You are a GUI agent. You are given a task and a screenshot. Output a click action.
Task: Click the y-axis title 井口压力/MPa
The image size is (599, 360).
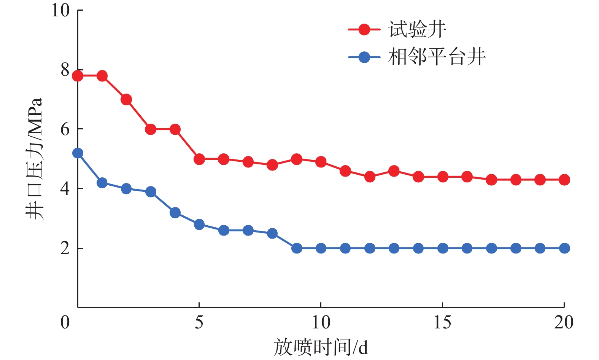[34, 159]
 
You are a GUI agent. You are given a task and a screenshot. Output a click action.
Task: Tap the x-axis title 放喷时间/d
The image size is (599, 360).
[321, 347]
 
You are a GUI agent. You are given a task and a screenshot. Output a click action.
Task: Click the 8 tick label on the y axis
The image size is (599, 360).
[65, 70]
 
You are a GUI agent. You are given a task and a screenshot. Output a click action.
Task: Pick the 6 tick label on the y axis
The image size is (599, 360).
[65, 129]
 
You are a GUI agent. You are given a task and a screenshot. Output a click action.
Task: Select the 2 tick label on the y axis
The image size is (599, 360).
[65, 248]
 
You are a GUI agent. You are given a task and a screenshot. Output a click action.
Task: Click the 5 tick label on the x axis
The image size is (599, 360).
[199, 322]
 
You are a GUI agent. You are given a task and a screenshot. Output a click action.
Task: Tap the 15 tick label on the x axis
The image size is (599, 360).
[442, 322]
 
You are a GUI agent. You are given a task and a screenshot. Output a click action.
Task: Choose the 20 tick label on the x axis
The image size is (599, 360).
[564, 322]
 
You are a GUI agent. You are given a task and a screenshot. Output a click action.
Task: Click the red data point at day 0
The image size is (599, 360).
[78, 76]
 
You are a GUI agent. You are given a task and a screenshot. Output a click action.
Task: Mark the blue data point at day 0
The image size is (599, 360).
[78, 153]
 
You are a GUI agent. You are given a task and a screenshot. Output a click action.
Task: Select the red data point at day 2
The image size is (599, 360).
[126, 100]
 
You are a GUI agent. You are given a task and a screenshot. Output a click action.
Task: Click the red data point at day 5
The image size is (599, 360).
[199, 159]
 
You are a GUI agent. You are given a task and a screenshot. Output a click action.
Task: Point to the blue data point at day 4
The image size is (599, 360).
[175, 213]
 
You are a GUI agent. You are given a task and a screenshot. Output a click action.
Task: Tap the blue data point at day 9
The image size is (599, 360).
[297, 248]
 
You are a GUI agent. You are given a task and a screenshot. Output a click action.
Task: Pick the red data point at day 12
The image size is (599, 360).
[370, 177]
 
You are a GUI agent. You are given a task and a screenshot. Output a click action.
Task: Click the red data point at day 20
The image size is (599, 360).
[564, 180]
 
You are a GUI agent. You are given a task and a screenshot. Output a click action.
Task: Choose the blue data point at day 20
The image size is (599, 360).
[564, 248]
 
